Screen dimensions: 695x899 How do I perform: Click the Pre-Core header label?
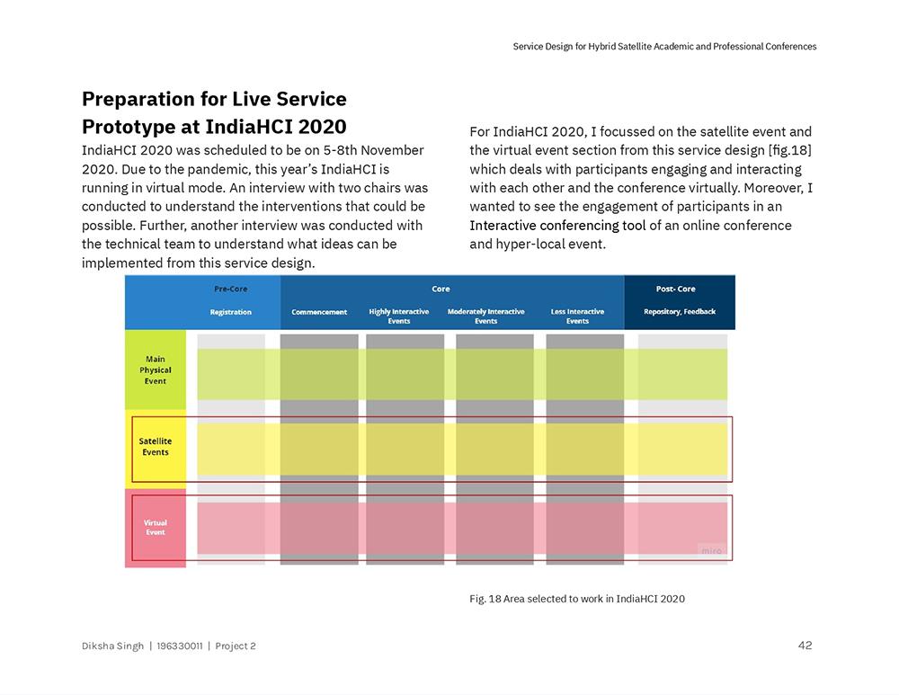click(230, 289)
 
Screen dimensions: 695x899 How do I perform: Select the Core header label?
click(441, 289)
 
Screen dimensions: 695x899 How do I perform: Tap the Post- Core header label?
click(675, 289)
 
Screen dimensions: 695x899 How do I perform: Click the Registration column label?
click(231, 312)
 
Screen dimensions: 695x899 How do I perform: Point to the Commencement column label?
click(319, 312)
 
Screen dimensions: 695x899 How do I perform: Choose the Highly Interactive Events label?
click(399, 316)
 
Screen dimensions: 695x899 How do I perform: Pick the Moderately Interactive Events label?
click(485, 316)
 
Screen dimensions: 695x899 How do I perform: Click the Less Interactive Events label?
click(577, 316)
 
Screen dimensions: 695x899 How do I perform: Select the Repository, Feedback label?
click(680, 312)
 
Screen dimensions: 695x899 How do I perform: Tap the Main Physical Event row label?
click(156, 370)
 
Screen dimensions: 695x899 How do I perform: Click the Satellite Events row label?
click(156, 447)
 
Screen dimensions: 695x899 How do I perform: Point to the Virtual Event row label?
click(156, 528)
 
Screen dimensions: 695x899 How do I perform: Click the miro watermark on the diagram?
click(710, 550)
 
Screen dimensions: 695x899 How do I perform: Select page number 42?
click(805, 645)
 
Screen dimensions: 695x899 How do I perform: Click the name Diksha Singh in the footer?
click(112, 646)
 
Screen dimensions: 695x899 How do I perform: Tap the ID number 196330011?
click(178, 646)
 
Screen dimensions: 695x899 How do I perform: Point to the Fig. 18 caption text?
click(576, 599)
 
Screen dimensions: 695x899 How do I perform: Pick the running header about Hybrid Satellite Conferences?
click(664, 46)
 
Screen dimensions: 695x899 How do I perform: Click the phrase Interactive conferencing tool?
click(557, 225)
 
